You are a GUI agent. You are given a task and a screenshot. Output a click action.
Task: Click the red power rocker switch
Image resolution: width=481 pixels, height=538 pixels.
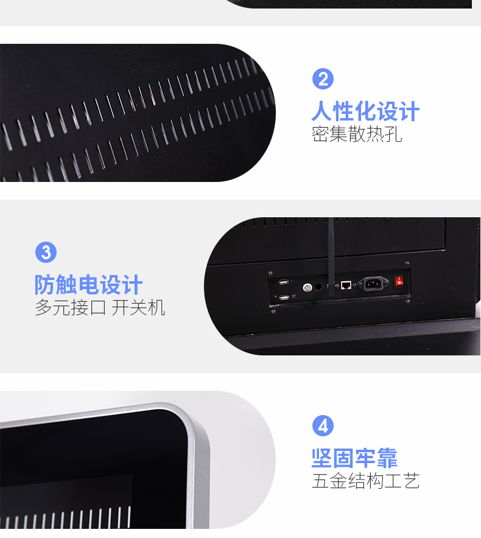(x=399, y=281)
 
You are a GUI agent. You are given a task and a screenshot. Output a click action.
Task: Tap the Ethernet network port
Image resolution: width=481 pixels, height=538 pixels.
(x=346, y=285)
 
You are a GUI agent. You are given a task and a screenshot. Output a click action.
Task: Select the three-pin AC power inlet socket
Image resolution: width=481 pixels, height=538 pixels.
(x=373, y=284)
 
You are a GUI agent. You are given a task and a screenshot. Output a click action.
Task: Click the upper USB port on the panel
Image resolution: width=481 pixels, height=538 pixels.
(x=283, y=282)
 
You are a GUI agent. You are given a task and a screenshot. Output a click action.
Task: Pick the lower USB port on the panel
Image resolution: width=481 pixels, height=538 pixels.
(x=284, y=297)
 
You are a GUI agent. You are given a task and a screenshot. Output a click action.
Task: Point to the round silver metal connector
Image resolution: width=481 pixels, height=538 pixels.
(x=307, y=287)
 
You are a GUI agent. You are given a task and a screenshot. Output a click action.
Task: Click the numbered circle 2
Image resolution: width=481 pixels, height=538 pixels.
(x=323, y=79)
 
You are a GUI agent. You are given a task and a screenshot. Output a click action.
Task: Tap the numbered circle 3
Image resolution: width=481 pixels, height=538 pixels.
(x=46, y=252)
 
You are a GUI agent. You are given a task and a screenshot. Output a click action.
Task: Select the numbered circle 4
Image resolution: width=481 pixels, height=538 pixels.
(x=323, y=426)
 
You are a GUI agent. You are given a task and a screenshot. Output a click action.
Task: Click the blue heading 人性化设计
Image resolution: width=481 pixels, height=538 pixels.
(x=365, y=111)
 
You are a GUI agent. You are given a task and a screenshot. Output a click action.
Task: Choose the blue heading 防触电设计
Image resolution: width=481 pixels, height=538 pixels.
(x=88, y=284)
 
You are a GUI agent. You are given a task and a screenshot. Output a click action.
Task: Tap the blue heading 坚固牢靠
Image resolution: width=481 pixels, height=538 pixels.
(x=354, y=458)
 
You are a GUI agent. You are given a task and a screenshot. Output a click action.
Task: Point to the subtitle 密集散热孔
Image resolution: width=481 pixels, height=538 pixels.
(x=357, y=134)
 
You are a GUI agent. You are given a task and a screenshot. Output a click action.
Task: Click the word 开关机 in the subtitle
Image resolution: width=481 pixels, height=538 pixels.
(x=138, y=307)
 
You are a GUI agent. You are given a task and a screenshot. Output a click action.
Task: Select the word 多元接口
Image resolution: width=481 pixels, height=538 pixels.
(x=71, y=307)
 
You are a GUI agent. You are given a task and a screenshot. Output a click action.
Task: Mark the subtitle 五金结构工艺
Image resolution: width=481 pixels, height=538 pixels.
(x=366, y=480)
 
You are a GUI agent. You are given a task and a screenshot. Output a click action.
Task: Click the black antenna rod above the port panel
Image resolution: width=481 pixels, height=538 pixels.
(x=331, y=257)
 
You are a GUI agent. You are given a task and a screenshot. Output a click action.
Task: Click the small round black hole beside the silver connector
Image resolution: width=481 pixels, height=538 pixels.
(x=318, y=287)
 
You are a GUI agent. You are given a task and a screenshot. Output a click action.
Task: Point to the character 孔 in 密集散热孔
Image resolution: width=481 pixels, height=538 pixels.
(x=393, y=134)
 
